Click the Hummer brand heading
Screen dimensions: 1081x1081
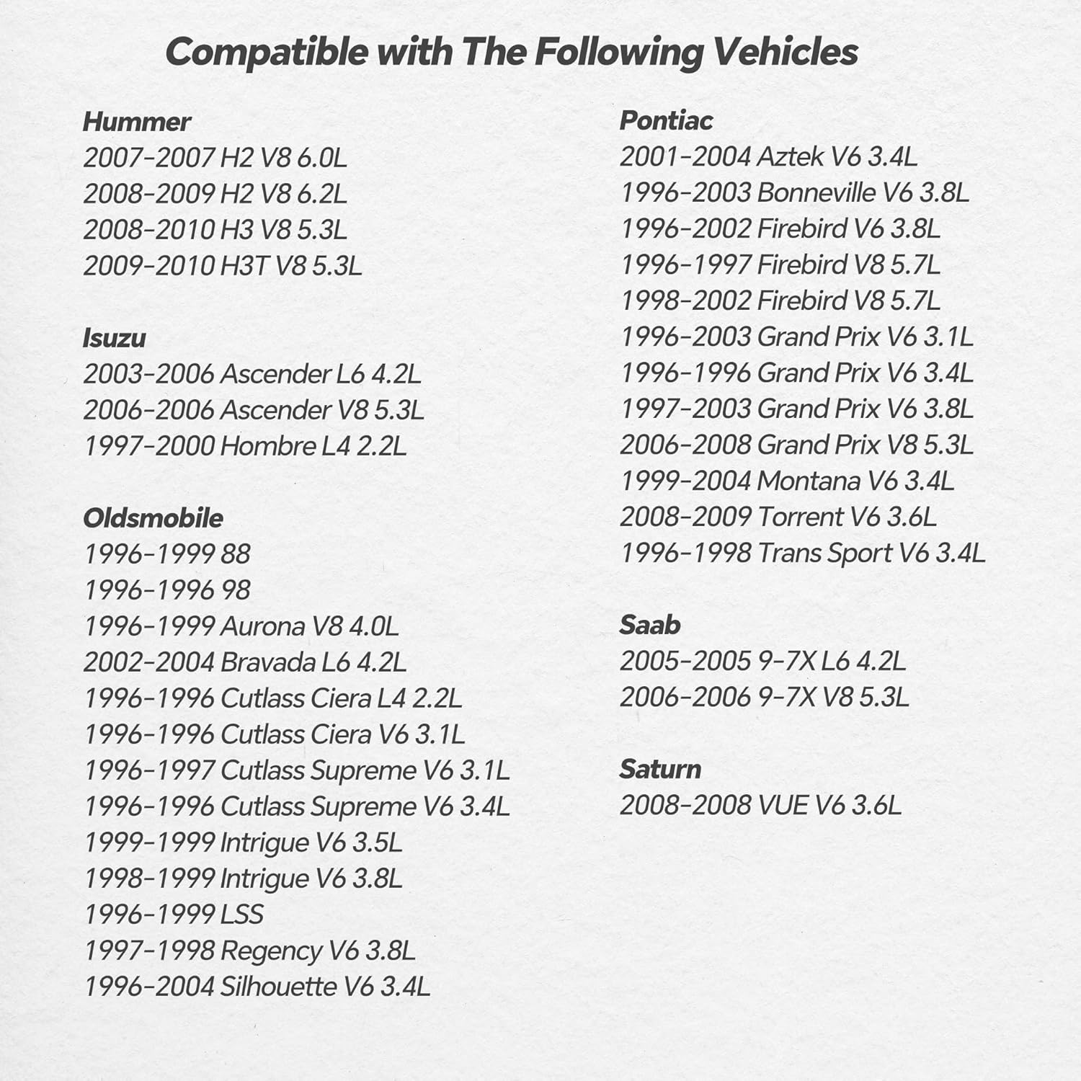tap(136, 122)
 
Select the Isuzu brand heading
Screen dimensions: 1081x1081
tap(114, 338)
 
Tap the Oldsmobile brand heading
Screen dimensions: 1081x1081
tap(153, 518)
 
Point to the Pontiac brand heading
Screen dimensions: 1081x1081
tap(666, 120)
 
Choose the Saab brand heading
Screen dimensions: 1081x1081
tap(649, 625)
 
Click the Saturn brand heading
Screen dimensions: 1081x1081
tap(660, 769)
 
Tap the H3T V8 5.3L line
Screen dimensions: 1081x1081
tap(222, 266)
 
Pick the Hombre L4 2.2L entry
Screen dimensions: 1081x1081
tap(245, 446)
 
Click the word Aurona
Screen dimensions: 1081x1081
tap(262, 626)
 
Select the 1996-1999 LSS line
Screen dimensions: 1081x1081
tap(173, 915)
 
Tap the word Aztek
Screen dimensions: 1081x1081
tap(789, 156)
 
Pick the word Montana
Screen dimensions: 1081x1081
tap(809, 481)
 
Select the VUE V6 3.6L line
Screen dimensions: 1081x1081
tap(760, 805)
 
